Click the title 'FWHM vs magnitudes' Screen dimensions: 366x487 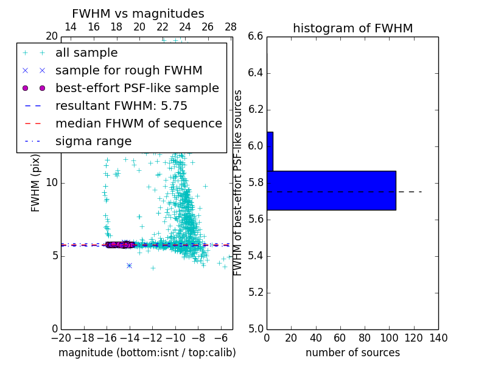[x=138, y=13]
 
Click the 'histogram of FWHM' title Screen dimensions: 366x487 [x=352, y=28]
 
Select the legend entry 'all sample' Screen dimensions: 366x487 [x=86, y=53]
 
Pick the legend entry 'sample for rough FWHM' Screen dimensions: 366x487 [x=128, y=70]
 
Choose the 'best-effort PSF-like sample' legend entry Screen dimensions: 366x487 [x=137, y=88]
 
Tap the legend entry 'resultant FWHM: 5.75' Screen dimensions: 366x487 [x=121, y=106]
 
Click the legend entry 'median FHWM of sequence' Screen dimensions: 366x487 [x=138, y=123]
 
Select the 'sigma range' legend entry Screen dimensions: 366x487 [x=93, y=141]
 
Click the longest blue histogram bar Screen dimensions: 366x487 [x=331, y=190]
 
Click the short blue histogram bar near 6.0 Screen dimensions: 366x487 [x=270, y=151]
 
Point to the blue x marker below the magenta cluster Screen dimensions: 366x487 [x=129, y=265]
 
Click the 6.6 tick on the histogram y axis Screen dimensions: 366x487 [x=256, y=37]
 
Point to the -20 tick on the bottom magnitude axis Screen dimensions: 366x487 [x=61, y=338]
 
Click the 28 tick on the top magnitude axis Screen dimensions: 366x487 [x=231, y=27]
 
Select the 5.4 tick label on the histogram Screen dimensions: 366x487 [x=256, y=256]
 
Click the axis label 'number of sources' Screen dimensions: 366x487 [x=352, y=353]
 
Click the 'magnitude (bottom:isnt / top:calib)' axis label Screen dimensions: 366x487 [x=147, y=353]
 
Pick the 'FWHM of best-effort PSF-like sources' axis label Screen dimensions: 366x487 [x=238, y=182]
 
